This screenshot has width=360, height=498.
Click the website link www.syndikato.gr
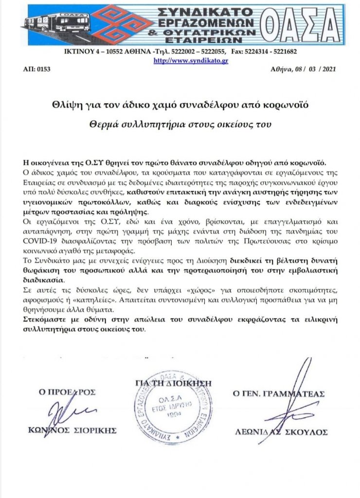(191, 60)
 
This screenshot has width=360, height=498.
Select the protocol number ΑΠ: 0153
(36, 70)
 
